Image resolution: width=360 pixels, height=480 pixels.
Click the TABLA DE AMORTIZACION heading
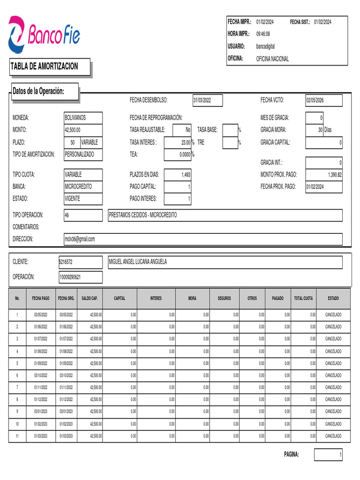point(45,67)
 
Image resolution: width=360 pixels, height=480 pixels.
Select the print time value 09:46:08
point(263,34)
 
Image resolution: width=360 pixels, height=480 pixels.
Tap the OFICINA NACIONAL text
point(272,59)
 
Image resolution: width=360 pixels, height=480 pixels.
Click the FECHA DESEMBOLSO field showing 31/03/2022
point(207,100)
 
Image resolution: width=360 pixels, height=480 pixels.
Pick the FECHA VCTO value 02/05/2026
point(323,100)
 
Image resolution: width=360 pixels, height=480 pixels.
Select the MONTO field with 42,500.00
point(82,130)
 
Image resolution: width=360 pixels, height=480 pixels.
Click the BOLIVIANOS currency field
point(82,118)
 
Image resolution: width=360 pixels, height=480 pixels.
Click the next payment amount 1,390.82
point(324,175)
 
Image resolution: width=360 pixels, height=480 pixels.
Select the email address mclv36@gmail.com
point(80,239)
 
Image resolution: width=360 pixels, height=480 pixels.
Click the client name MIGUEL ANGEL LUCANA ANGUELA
point(137,262)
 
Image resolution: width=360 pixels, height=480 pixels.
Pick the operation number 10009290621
point(80,277)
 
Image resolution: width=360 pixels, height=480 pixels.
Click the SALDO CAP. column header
point(90,298)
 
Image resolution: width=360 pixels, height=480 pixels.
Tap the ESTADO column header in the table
point(333,298)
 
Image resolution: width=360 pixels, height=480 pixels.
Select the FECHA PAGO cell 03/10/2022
point(42,375)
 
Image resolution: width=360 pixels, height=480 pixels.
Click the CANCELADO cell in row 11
point(333,436)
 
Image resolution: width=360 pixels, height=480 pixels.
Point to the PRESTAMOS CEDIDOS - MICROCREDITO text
point(143,215)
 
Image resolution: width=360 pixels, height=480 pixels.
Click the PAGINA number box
point(328,455)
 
